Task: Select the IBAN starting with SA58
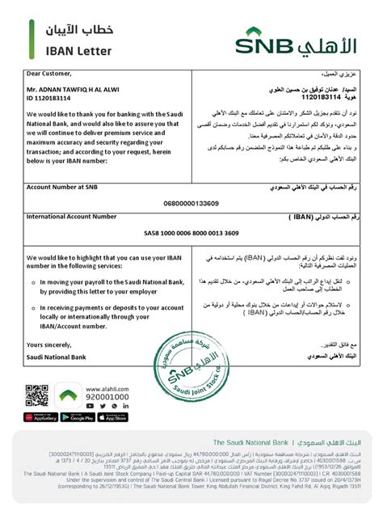pos(191,233)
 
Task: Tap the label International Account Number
pos(74,217)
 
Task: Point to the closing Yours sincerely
pos(49,344)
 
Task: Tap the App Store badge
pos(112,417)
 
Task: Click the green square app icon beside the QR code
pos(69,396)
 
